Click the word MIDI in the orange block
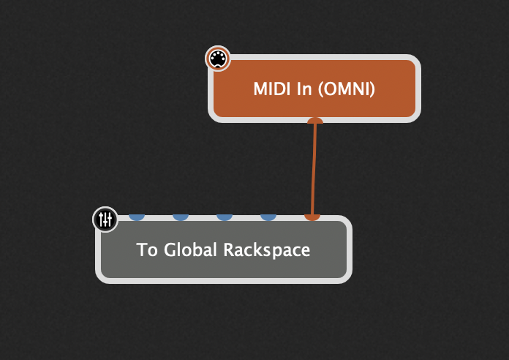pyautogui.click(x=270, y=89)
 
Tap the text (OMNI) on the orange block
pyautogui.click(x=346, y=89)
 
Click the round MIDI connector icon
pyautogui.click(x=217, y=59)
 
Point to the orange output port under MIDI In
pyautogui.click(x=315, y=121)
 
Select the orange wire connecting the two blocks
pyautogui.click(x=314, y=168)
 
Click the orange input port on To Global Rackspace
pyautogui.click(x=312, y=217)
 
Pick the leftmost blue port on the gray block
pyautogui.click(x=137, y=217)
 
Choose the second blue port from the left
pyautogui.click(x=181, y=217)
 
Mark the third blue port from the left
pyautogui.click(x=225, y=217)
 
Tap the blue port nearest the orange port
pyautogui.click(x=268, y=217)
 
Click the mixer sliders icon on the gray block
pyautogui.click(x=105, y=219)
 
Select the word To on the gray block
pyautogui.click(x=147, y=250)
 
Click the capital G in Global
pyautogui.click(x=170, y=250)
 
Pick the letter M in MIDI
pyautogui.click(x=260, y=89)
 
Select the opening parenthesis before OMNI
pyautogui.click(x=320, y=89)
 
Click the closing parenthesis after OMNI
pyautogui.click(x=372, y=89)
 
